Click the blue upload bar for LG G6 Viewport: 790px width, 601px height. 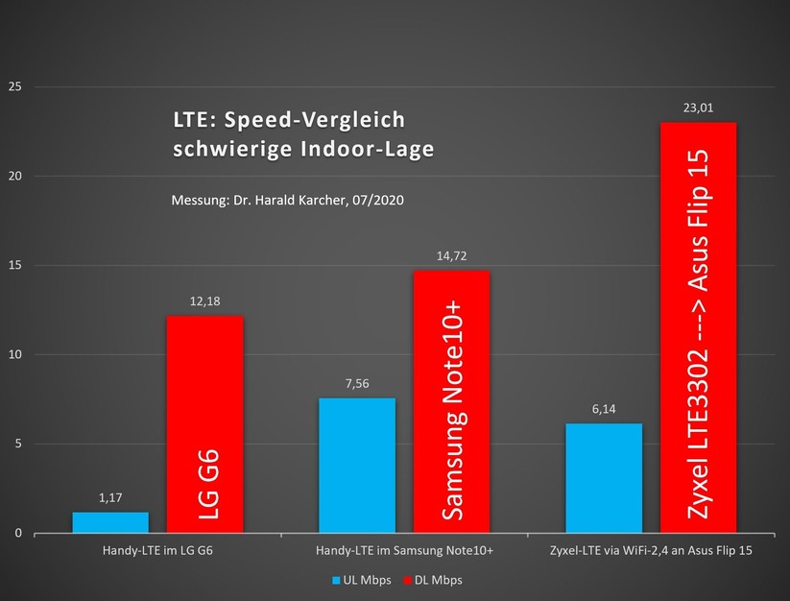[110, 522]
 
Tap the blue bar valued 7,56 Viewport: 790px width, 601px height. [356, 465]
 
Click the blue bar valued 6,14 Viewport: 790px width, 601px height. [604, 477]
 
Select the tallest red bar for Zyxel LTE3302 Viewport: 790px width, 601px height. [698, 326]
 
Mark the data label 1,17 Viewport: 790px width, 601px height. [110, 498]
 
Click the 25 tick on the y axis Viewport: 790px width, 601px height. [14, 87]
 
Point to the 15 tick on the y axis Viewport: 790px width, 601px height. [14, 266]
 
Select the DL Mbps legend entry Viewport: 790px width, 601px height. [434, 580]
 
